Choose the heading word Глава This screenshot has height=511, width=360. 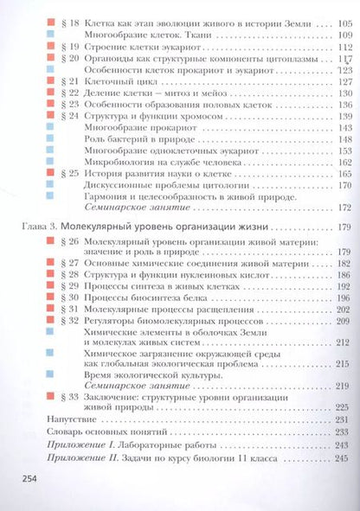(x=32, y=227)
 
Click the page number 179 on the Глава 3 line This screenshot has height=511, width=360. (x=337, y=227)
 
